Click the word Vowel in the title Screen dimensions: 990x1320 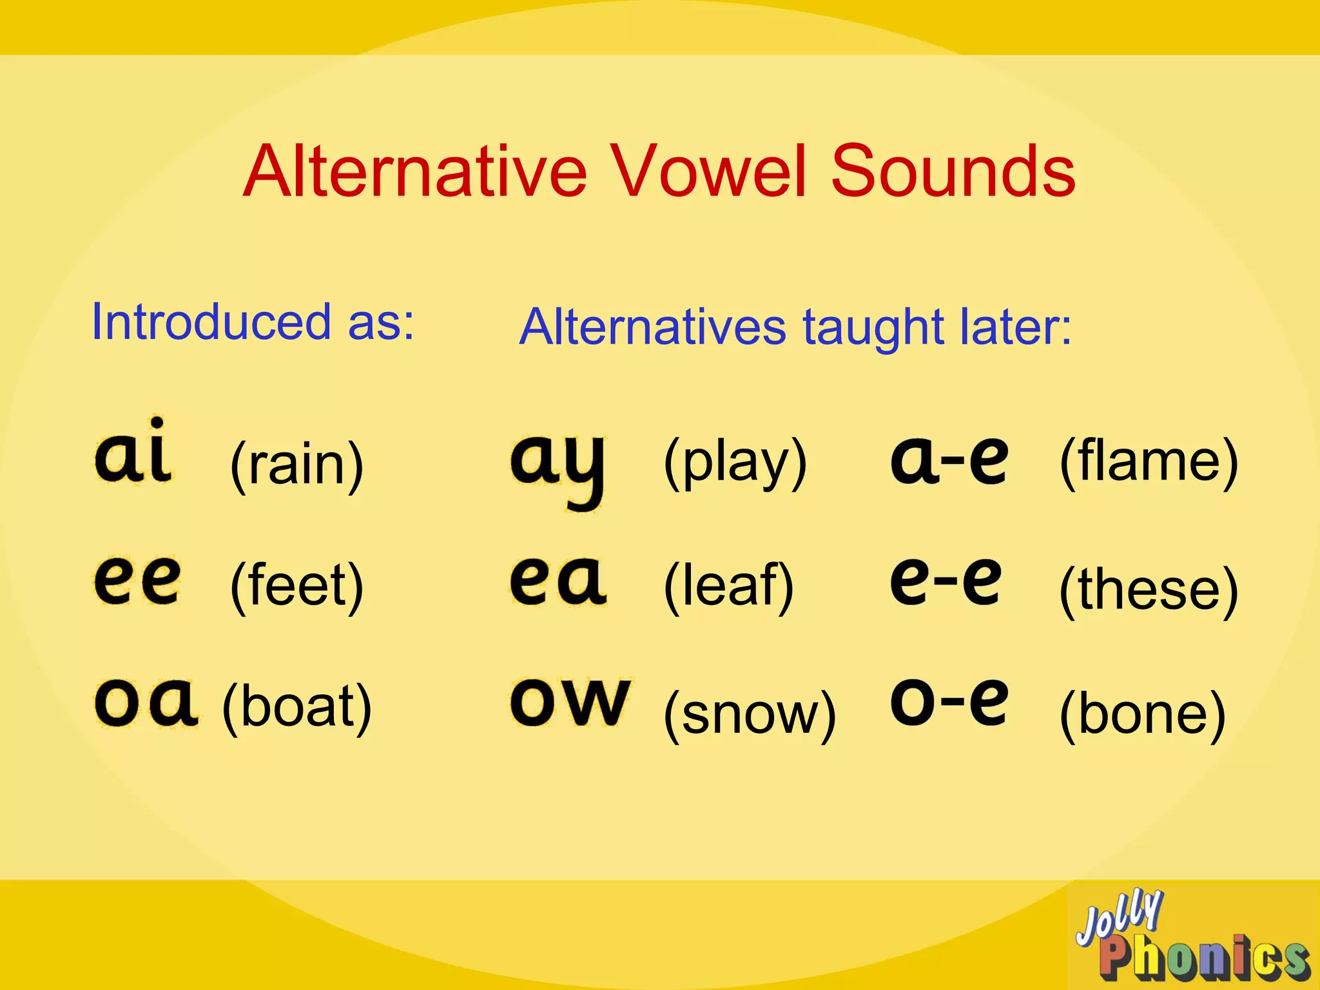[709, 171]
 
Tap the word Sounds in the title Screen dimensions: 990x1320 [953, 171]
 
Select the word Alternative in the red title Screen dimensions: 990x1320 [415, 171]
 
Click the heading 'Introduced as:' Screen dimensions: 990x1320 [253, 322]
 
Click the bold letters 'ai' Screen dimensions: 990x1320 [133, 451]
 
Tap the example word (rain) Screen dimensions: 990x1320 [297, 465]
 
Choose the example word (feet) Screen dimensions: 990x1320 [297, 585]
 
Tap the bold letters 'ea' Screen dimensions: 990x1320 [558, 581]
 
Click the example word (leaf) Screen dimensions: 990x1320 [729, 585]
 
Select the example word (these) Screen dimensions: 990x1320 [1149, 589]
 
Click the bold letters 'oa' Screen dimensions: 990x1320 [146, 703]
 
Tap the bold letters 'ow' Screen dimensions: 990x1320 [571, 703]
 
